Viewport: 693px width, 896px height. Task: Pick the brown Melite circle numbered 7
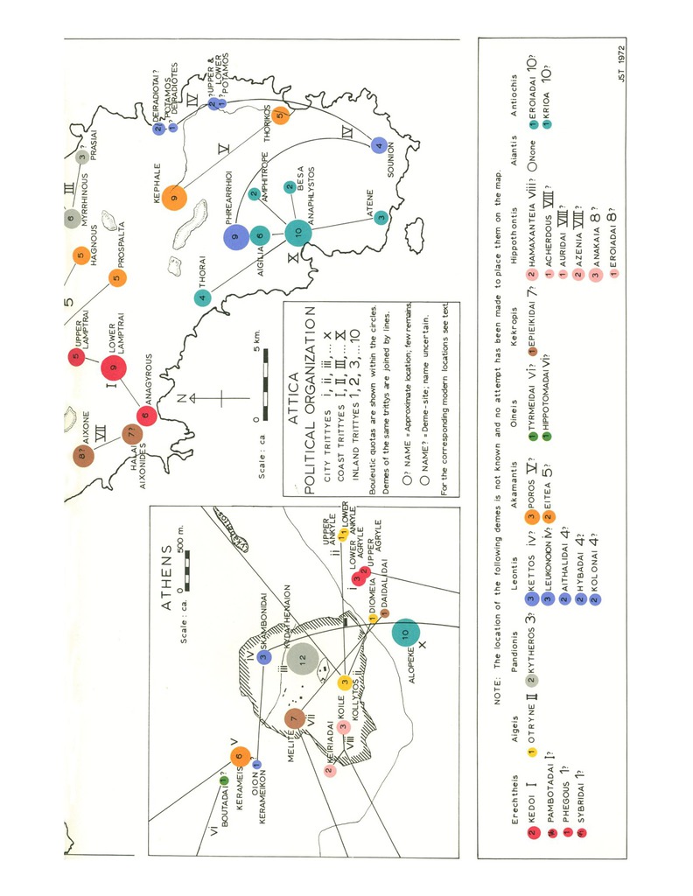click(x=294, y=718)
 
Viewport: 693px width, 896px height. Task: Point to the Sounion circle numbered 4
click(x=379, y=146)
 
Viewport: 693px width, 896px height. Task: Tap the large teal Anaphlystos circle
click(x=297, y=233)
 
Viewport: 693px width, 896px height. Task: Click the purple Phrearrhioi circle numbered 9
click(x=236, y=236)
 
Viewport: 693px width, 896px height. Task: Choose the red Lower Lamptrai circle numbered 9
click(x=113, y=368)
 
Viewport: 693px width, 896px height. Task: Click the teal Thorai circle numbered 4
click(x=203, y=297)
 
